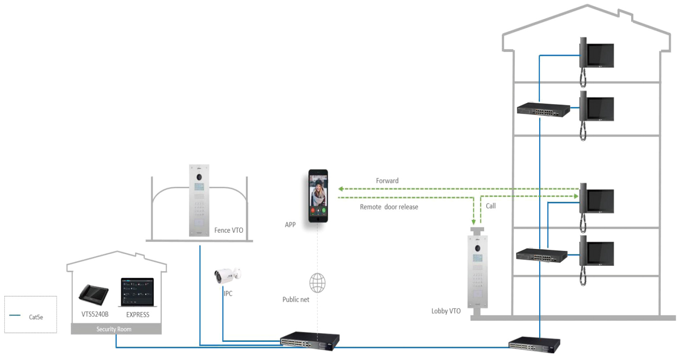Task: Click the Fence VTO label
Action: pos(229,230)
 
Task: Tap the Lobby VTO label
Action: pos(446,311)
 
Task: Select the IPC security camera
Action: pos(226,275)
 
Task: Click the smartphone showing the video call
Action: pos(318,196)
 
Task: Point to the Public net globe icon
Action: pos(317,283)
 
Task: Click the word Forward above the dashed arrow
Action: pos(387,181)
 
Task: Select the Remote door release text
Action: pos(389,207)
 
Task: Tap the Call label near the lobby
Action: pos(491,206)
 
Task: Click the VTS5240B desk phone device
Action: pos(93,294)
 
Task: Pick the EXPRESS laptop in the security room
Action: pos(137,292)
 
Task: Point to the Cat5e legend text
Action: pos(36,317)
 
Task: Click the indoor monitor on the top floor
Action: pos(597,55)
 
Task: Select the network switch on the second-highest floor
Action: pos(543,110)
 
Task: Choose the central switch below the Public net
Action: pos(310,341)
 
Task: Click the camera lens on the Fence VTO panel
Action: pos(199,176)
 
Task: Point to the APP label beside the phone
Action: pos(290,225)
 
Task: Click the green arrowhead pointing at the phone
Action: pos(340,189)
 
